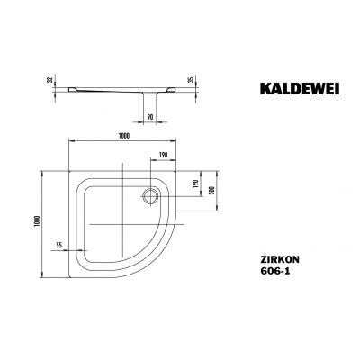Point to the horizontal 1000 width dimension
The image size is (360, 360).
tap(124, 135)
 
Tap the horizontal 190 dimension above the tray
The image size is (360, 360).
tap(163, 155)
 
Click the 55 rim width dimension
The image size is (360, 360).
tap(58, 244)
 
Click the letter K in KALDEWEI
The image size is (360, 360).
tap(249, 89)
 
